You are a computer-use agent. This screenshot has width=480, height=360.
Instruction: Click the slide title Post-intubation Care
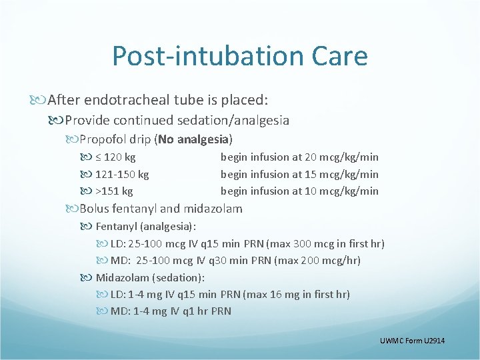point(240,56)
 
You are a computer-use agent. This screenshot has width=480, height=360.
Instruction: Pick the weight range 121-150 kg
point(122,174)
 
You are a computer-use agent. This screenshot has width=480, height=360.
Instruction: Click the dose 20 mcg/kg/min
point(341,157)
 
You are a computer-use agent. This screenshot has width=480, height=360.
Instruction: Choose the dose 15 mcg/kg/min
point(341,174)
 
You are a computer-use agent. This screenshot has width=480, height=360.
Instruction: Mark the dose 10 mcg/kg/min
point(341,191)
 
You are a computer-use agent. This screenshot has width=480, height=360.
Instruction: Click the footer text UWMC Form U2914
point(411,341)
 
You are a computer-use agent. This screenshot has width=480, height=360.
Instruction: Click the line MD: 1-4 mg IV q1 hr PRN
point(171,311)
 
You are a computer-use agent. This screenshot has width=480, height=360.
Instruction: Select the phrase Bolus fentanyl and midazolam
point(161,209)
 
